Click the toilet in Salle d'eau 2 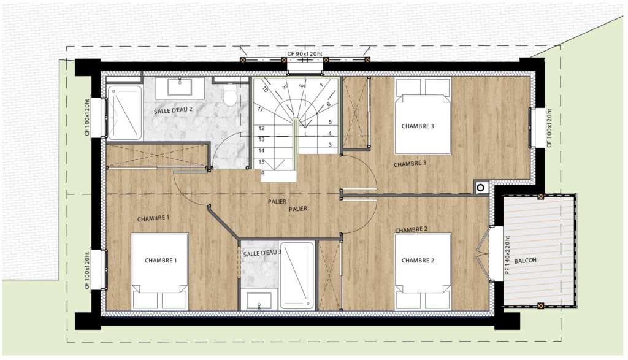(x=231, y=96)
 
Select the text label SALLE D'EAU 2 (x=173, y=110)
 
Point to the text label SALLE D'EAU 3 (x=262, y=253)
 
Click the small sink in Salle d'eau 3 (x=259, y=301)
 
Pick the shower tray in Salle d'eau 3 (x=297, y=275)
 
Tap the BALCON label (x=525, y=261)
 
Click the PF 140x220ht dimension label (x=507, y=255)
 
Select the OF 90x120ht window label (x=304, y=53)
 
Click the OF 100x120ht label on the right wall (x=549, y=128)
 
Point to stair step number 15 (x=261, y=162)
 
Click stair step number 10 (x=265, y=90)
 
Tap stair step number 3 (x=330, y=145)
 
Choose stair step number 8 (x=301, y=86)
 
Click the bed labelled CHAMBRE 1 (x=160, y=272)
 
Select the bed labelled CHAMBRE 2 (x=423, y=272)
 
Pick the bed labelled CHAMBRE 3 (x=423, y=116)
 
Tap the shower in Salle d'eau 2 (x=124, y=112)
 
